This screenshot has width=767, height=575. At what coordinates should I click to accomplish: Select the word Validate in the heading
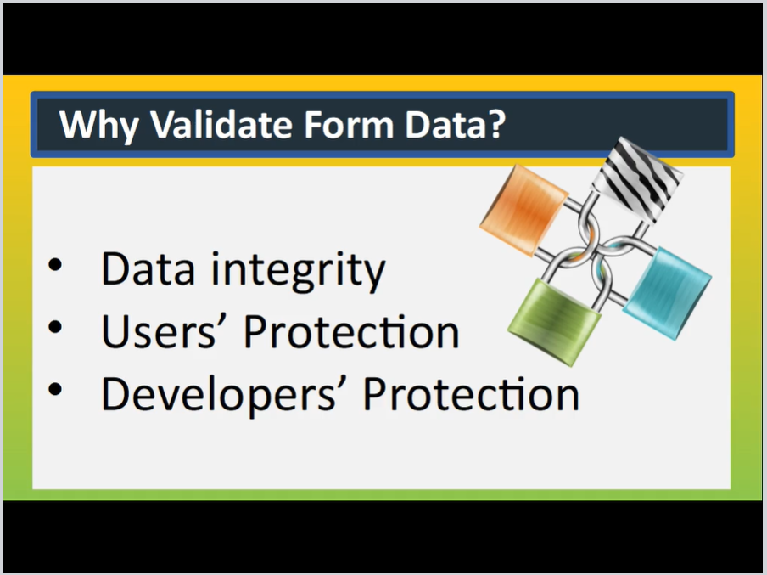(x=221, y=124)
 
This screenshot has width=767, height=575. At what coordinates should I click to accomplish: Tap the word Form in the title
(x=349, y=124)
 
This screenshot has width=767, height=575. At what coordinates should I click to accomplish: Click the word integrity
(x=298, y=271)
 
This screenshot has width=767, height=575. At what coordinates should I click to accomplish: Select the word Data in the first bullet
(x=148, y=268)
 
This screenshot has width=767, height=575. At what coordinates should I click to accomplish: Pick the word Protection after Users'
(x=351, y=331)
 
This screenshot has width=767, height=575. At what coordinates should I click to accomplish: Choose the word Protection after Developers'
(x=471, y=394)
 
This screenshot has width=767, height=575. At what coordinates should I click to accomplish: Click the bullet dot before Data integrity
(x=55, y=264)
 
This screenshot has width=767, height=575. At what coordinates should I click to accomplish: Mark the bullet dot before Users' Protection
(x=55, y=327)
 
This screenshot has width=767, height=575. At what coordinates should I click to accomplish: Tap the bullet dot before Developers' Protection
(x=55, y=389)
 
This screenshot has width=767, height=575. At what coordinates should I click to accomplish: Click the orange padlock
(x=523, y=210)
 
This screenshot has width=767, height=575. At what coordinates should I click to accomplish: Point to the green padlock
(x=555, y=321)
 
